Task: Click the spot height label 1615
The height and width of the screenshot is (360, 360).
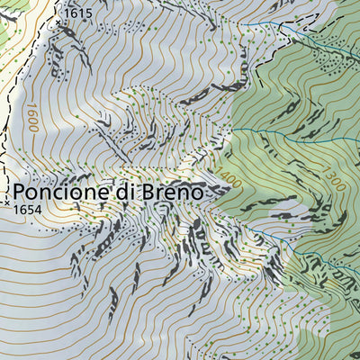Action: click(x=79, y=13)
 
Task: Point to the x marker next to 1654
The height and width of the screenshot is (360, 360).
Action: click(x=7, y=204)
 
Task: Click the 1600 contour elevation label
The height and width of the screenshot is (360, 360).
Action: click(x=32, y=117)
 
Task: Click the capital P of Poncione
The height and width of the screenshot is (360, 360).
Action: click(x=20, y=192)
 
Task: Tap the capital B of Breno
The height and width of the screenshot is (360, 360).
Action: click(x=148, y=192)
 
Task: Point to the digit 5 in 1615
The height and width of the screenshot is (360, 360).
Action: click(x=88, y=13)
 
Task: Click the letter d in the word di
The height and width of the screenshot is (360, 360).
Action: click(x=122, y=192)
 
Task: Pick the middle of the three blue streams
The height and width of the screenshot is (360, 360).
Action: click(x=297, y=139)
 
